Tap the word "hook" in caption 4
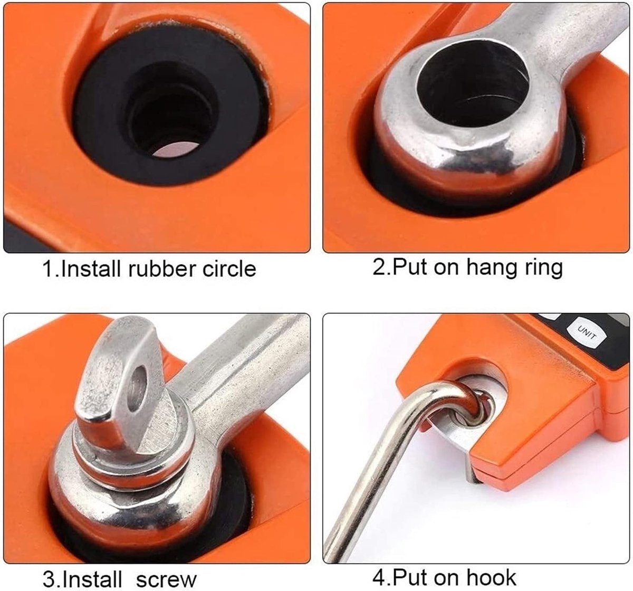tap(491, 569)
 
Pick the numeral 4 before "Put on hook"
tap(379, 569)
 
